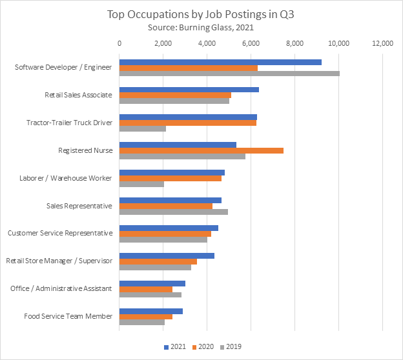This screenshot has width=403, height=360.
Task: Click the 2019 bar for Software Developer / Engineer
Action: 229,73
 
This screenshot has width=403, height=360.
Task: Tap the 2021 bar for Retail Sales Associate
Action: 189,89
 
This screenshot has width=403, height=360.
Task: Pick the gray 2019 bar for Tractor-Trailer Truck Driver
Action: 143,128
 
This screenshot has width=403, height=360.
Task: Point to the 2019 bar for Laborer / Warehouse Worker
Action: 141,185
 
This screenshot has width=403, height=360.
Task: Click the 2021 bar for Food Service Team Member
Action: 151,311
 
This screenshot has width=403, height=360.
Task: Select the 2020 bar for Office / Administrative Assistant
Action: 146,289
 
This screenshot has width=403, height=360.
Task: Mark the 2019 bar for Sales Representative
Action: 174,212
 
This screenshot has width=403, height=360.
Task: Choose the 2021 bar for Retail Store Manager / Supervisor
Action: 167,255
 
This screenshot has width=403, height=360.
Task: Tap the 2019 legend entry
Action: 230,346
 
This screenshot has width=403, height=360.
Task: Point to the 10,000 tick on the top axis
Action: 338,44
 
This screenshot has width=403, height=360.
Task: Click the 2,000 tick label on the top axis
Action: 163,44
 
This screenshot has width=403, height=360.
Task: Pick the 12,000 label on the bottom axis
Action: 382,334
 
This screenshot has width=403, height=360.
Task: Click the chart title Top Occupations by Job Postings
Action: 201,14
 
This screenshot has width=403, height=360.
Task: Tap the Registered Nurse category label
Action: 85,150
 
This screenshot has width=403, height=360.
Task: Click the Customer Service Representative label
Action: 59,233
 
